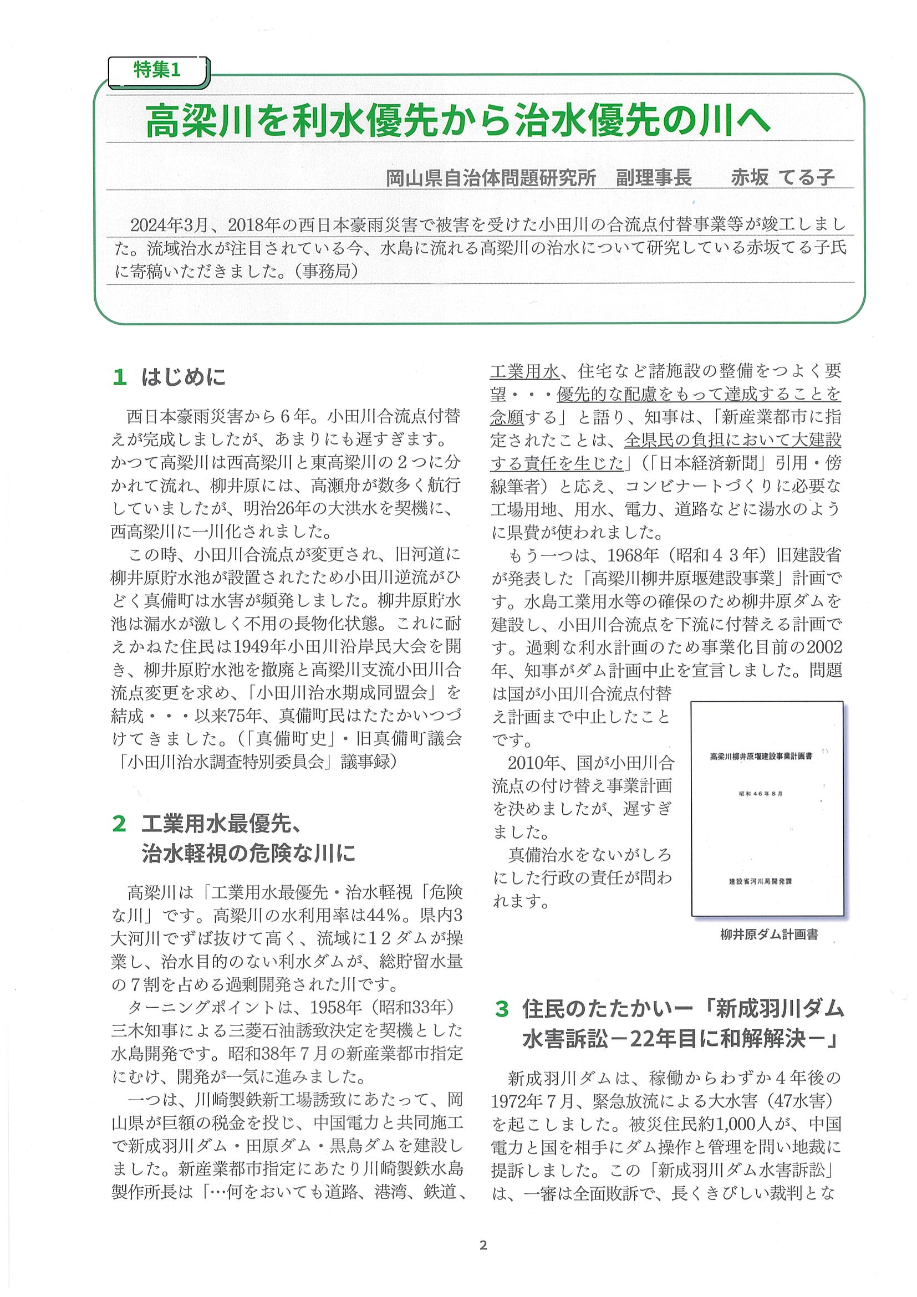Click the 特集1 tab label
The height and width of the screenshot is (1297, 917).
pyautogui.click(x=156, y=70)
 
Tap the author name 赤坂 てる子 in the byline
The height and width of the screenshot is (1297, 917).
pyautogui.click(x=782, y=178)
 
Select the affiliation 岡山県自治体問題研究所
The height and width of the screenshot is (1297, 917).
pyautogui.click(x=491, y=178)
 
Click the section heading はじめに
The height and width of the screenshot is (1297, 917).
pyautogui.click(x=183, y=377)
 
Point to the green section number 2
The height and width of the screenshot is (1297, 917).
pyautogui.click(x=119, y=824)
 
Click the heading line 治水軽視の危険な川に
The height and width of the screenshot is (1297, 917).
pyautogui.click(x=248, y=853)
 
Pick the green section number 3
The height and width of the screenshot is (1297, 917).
pyautogui.click(x=502, y=1008)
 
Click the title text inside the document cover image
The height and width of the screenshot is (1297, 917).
pyautogui.click(x=761, y=756)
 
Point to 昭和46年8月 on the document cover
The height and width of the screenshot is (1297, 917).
pyautogui.click(x=761, y=794)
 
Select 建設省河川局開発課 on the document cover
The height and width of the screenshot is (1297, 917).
pyautogui.click(x=761, y=881)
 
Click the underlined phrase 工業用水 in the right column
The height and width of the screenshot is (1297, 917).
pyautogui.click(x=524, y=371)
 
